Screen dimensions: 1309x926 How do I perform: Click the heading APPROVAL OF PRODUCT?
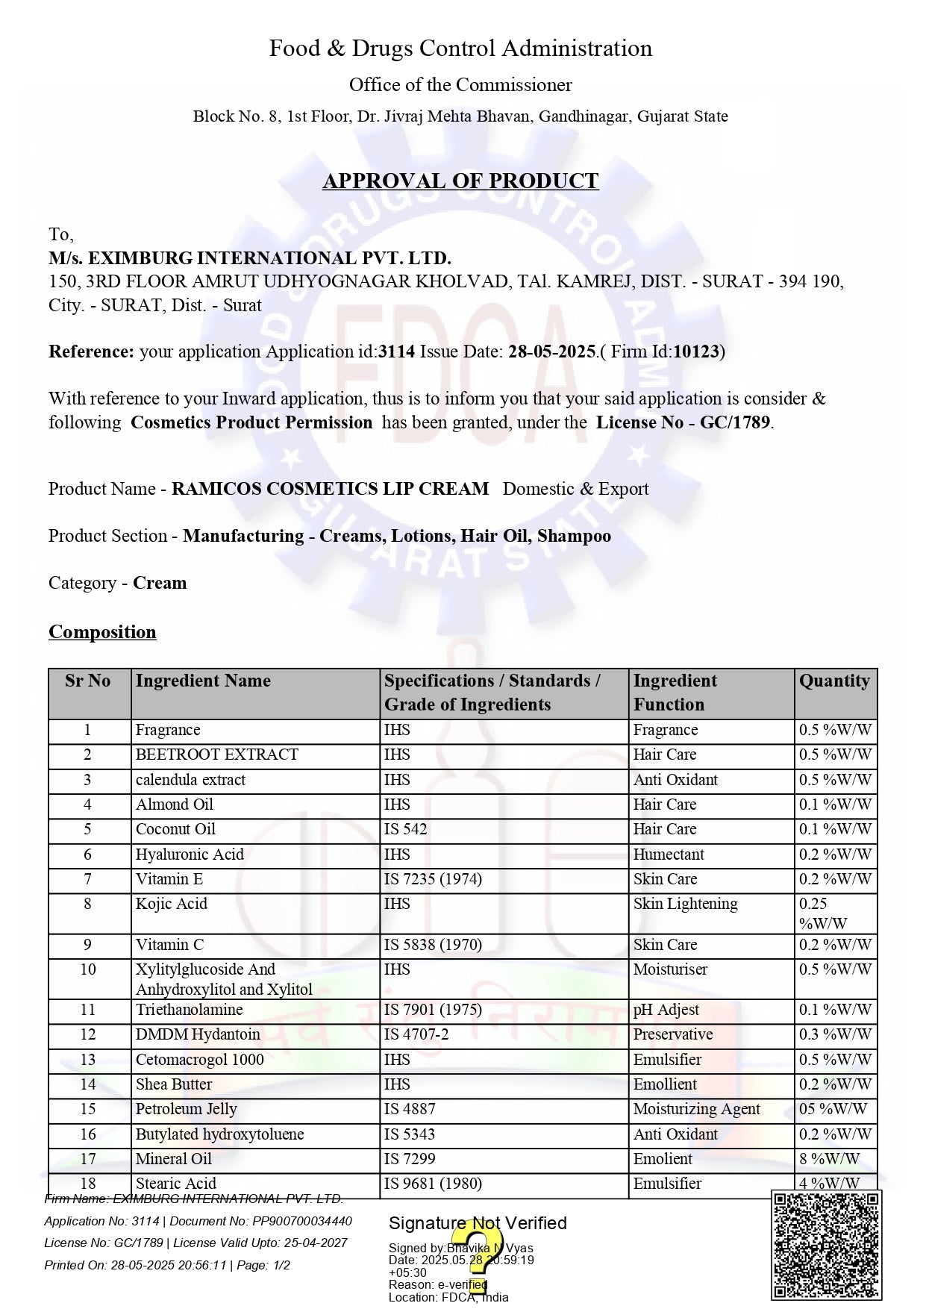pos(460,181)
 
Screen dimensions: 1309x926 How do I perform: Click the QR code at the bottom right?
pos(827,1246)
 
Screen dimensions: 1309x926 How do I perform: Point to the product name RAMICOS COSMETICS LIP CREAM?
pos(330,489)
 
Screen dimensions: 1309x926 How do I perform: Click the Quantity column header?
pos(834,681)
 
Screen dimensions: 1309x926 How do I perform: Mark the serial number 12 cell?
pos(88,1034)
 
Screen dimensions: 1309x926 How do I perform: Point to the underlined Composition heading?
pos(102,632)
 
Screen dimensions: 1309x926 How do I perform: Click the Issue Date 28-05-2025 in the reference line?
pos(551,352)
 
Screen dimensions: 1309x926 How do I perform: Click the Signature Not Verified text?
pos(478,1223)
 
